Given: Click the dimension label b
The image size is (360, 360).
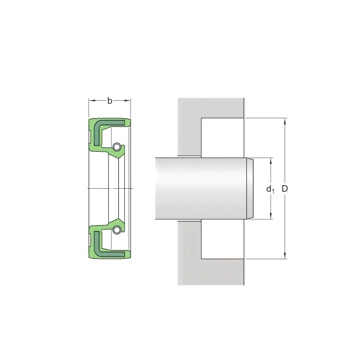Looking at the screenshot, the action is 110,101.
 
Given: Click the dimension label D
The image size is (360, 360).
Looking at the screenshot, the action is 284,189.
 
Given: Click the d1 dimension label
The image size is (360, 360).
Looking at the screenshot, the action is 270,189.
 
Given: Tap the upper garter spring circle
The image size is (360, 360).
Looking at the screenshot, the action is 116,147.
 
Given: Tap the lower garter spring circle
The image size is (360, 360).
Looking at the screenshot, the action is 116,230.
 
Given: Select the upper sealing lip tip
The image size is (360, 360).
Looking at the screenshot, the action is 118,158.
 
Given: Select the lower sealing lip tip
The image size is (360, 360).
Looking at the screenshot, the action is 118,219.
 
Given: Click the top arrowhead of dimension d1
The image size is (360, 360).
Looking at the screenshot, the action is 271,161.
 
